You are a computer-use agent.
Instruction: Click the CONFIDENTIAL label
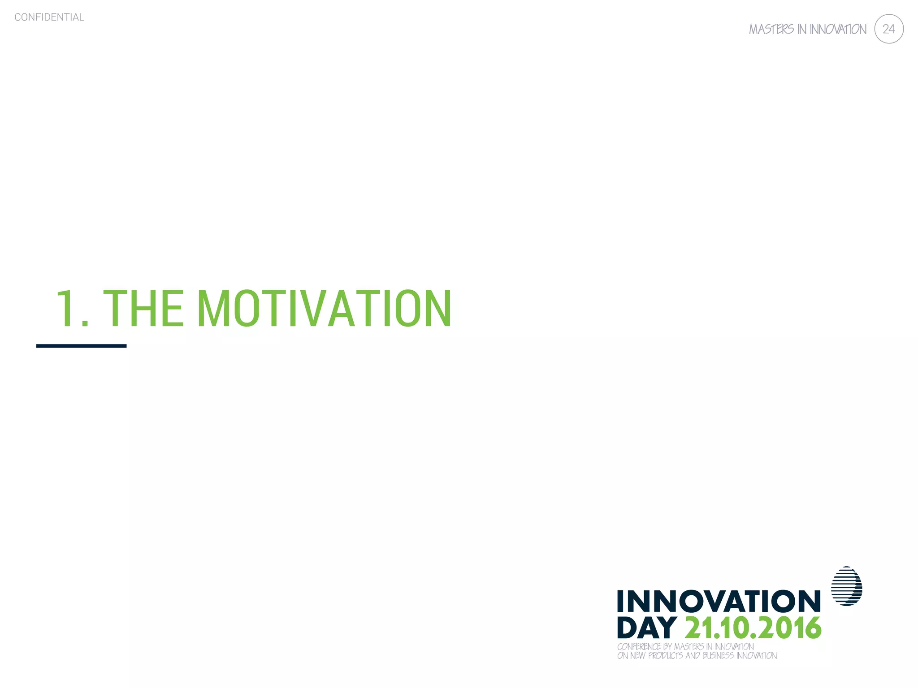pos(49,17)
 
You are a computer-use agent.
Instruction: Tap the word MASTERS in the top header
pos(771,30)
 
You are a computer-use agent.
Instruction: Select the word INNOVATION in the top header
pos(838,30)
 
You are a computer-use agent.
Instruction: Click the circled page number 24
pos(888,29)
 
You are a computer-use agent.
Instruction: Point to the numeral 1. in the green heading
pos(72,309)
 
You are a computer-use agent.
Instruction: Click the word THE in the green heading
pos(143,309)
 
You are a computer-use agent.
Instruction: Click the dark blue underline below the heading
pos(81,346)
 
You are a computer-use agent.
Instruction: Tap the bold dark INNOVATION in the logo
pos(719,601)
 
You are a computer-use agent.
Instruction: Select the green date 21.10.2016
pos(753,628)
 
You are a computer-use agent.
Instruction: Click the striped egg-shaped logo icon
pos(846,586)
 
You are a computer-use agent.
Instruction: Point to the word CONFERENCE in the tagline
pos(639,647)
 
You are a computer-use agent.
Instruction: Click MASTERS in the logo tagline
pos(689,647)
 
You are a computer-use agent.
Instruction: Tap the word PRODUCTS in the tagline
pos(666,656)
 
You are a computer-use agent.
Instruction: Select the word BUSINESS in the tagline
pos(718,656)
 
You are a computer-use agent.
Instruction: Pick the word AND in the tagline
pos(693,656)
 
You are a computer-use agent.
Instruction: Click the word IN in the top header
pos(801,30)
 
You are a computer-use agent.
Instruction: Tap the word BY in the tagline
pos(667,647)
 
